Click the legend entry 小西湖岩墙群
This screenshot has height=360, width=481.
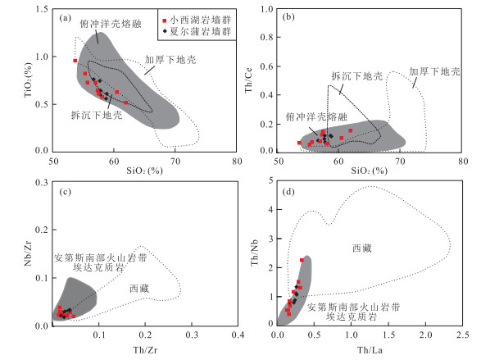point(197,21)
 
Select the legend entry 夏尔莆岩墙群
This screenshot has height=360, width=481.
point(197,31)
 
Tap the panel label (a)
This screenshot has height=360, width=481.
point(65,18)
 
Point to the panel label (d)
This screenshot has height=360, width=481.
point(288,192)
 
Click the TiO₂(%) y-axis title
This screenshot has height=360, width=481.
point(28,80)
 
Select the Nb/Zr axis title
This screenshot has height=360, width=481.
point(28,253)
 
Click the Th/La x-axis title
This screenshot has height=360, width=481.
point(370,349)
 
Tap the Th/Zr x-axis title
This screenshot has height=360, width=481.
point(145,349)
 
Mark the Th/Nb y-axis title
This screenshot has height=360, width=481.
point(255,253)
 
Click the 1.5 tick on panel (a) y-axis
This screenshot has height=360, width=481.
point(42,9)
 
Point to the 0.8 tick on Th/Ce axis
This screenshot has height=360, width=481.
point(266,37)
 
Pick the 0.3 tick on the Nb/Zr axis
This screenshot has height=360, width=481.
point(42,182)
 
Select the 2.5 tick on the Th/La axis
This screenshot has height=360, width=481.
point(463,335)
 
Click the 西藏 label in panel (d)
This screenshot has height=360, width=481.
point(362,248)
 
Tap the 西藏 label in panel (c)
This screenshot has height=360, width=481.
point(139,289)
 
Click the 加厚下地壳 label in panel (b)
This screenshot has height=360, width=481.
point(434,71)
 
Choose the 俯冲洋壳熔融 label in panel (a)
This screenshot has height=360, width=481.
point(111,24)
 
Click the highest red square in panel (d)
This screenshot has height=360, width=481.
point(302,260)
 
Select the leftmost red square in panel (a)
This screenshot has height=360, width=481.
point(75,61)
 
